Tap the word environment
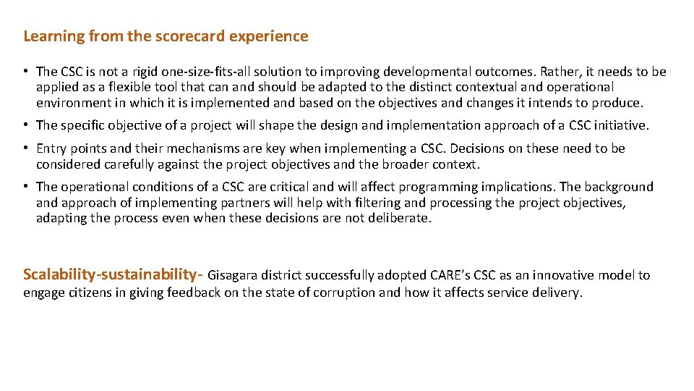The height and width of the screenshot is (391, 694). (x=73, y=103)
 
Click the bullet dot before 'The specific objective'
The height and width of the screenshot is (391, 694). (x=25, y=125)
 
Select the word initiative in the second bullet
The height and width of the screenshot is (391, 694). (x=620, y=125)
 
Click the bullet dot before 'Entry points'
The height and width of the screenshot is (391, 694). (x=25, y=148)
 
